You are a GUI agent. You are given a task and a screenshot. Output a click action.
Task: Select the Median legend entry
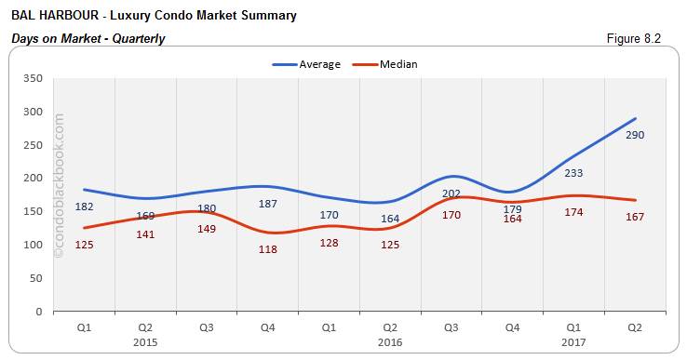(384, 64)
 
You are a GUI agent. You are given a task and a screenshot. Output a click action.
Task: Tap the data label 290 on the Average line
(635, 136)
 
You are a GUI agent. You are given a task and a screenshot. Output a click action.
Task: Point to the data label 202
(451, 193)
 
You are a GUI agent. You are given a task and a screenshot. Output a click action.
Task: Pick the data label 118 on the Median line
(267, 249)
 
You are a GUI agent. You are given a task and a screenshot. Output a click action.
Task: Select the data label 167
(635, 217)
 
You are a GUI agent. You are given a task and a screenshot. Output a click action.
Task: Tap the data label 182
(84, 206)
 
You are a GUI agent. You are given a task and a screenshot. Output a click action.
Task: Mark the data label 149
(207, 229)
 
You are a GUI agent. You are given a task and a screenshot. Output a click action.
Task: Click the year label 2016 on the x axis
(390, 341)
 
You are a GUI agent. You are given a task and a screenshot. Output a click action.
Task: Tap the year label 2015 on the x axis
(145, 341)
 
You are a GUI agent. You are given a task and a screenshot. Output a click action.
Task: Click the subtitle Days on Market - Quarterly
(88, 38)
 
